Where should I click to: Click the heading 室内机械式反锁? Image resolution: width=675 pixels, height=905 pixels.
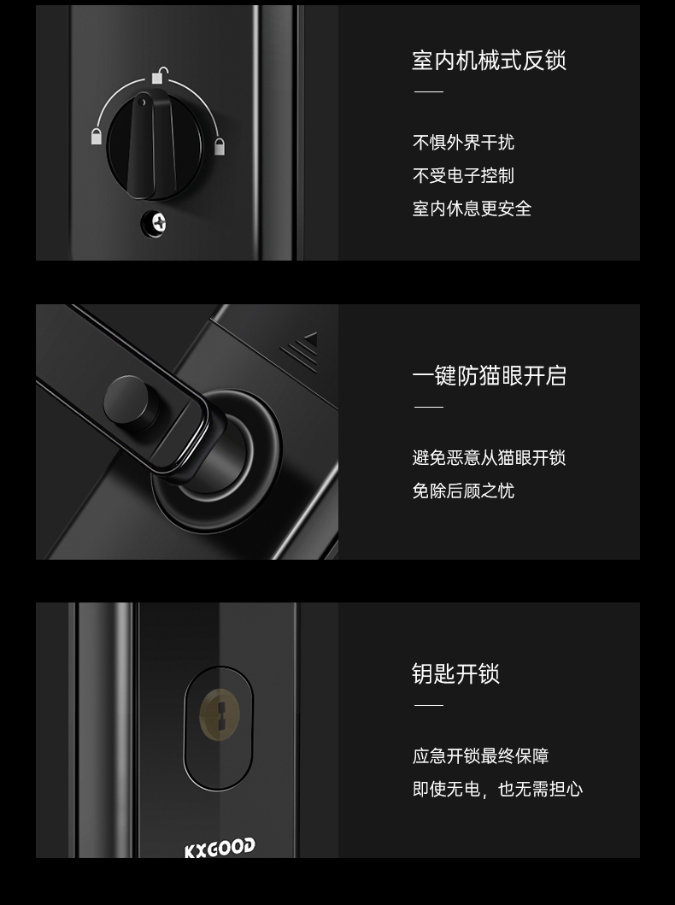(x=490, y=60)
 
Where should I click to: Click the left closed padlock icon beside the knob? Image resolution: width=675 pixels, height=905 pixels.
(x=97, y=136)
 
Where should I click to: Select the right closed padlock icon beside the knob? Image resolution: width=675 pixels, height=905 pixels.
(x=220, y=146)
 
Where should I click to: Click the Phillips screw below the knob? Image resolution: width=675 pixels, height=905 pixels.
(x=156, y=222)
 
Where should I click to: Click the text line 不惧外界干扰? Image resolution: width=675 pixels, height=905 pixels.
(x=463, y=142)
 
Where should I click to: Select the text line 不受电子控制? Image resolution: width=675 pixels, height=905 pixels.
(x=463, y=175)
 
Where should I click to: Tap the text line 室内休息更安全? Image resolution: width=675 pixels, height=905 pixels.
(x=472, y=209)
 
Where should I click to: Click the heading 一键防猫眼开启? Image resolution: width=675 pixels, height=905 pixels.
(x=490, y=376)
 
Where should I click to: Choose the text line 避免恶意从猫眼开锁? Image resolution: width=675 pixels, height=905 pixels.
(x=490, y=458)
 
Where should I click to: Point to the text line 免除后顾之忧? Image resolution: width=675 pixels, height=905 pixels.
(x=463, y=491)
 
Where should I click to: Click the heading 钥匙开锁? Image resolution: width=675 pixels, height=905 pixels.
(x=455, y=673)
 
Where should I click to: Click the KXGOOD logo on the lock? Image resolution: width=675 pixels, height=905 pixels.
(x=220, y=848)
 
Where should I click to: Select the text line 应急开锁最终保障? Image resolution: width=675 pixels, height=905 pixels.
(x=480, y=755)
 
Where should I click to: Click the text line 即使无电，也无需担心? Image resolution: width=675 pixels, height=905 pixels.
(x=498, y=789)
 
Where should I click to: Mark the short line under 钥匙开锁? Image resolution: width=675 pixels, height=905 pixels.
(x=429, y=705)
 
